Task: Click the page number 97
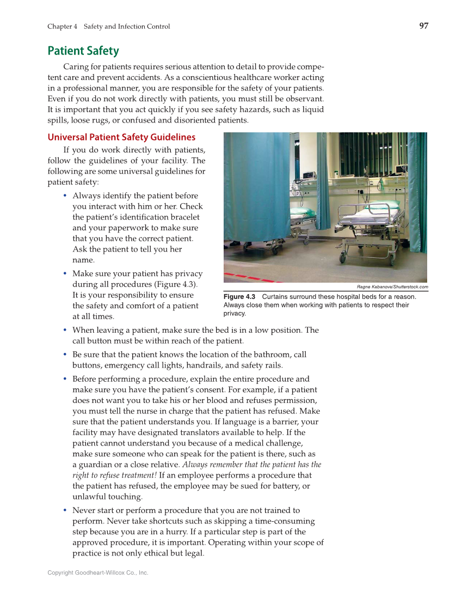pyautogui.click(x=424, y=26)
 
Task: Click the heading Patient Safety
pyautogui.click(x=83, y=51)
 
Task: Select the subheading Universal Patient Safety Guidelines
pyautogui.click(x=121, y=137)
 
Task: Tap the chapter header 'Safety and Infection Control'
pyautogui.click(x=127, y=27)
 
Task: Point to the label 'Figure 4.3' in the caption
pyautogui.click(x=239, y=297)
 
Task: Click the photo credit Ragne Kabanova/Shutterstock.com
pyautogui.click(x=392, y=287)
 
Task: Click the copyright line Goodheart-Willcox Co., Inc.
pyautogui.click(x=98, y=573)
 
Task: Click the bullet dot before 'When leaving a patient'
pyautogui.click(x=65, y=330)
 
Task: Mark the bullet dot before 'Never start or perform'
pyautogui.click(x=65, y=510)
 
